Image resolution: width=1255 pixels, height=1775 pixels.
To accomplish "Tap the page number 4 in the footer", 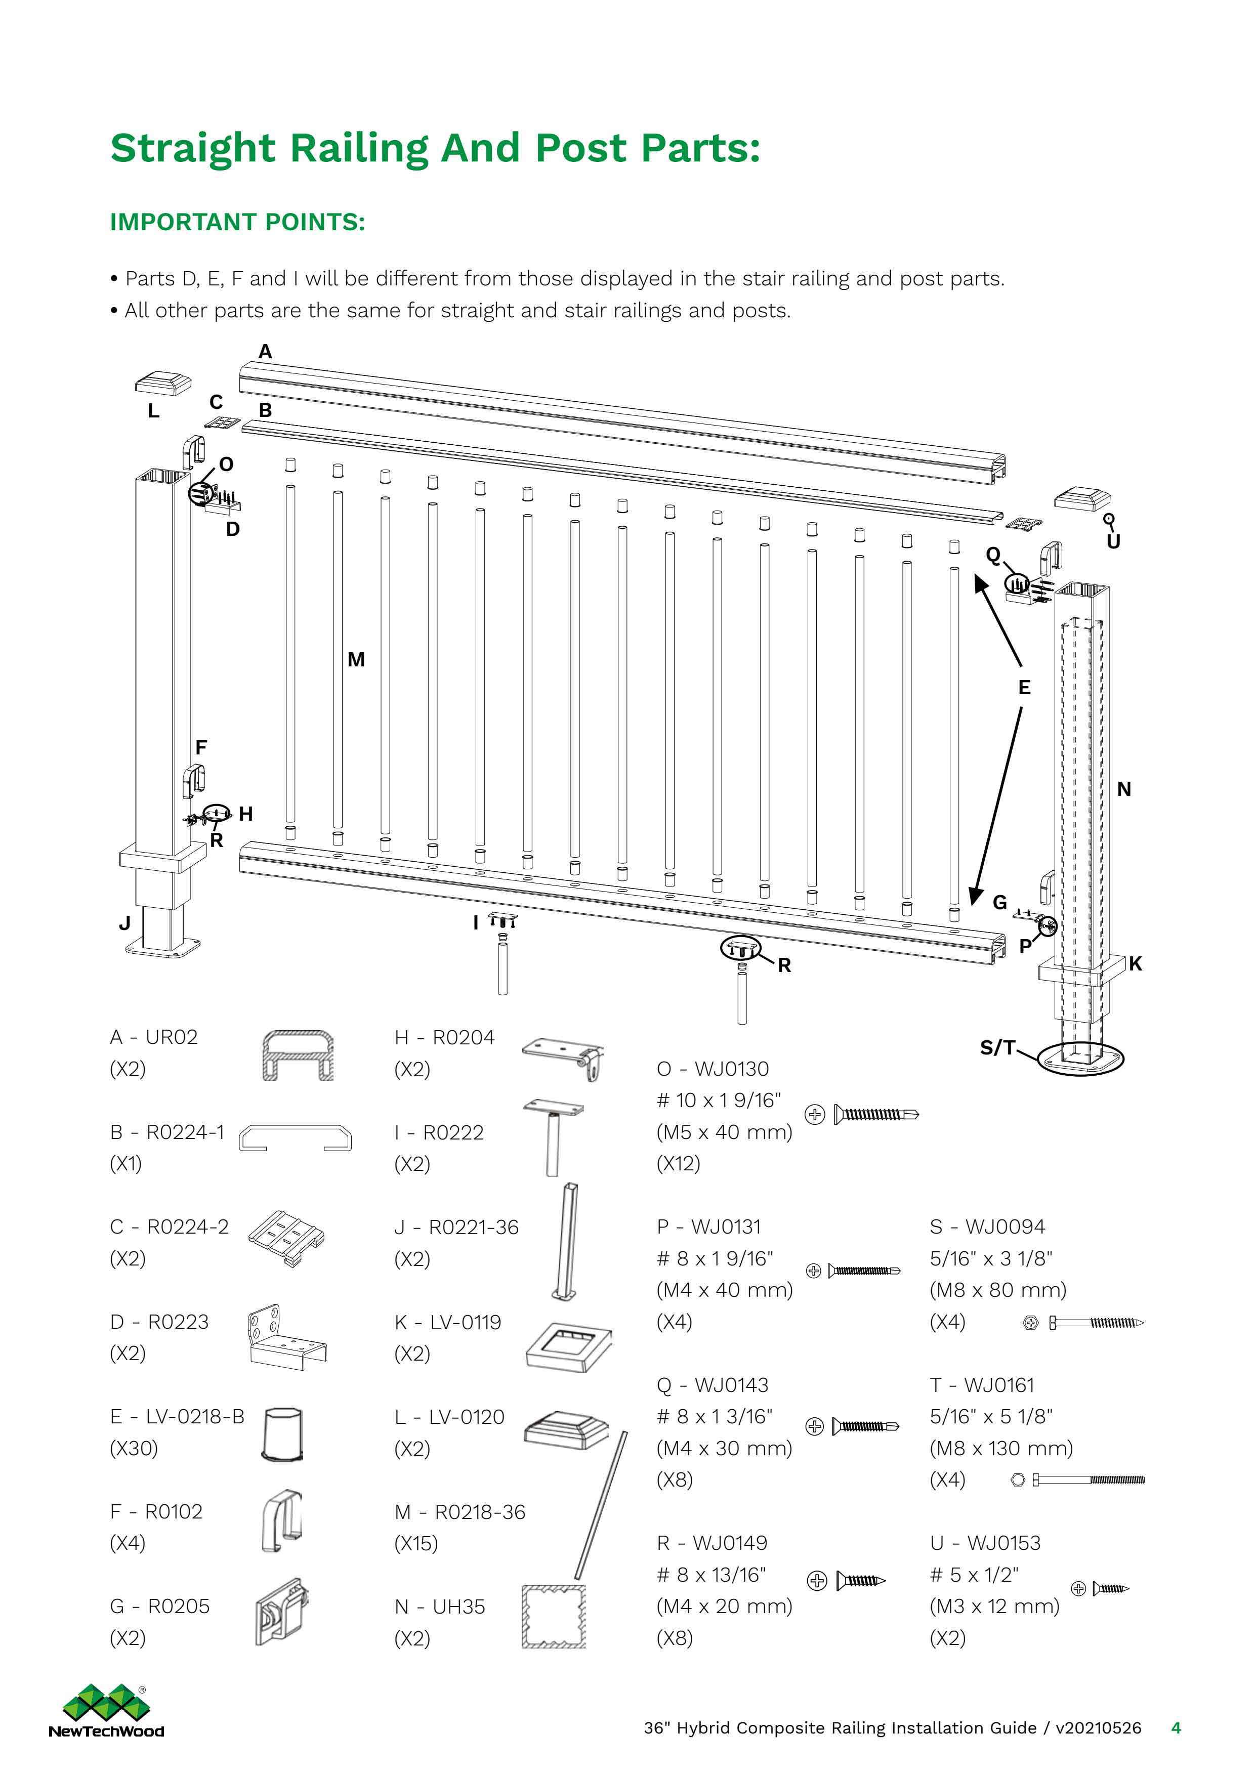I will [1176, 1728].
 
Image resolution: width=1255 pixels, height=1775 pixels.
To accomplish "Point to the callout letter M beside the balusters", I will [356, 659].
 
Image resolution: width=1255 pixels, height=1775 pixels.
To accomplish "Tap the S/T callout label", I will [997, 1047].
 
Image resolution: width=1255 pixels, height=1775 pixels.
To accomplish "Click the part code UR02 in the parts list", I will [172, 1037].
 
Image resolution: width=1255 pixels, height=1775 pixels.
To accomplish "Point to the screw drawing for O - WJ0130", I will [876, 1115].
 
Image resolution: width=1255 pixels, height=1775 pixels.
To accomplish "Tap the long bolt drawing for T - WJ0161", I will [1088, 1481].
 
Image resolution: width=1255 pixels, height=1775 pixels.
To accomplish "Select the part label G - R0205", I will [160, 1607].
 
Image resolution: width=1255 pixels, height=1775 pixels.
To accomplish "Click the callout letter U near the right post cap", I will [1113, 541].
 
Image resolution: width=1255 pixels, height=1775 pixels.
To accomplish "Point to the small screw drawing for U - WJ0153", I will [1110, 1589].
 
